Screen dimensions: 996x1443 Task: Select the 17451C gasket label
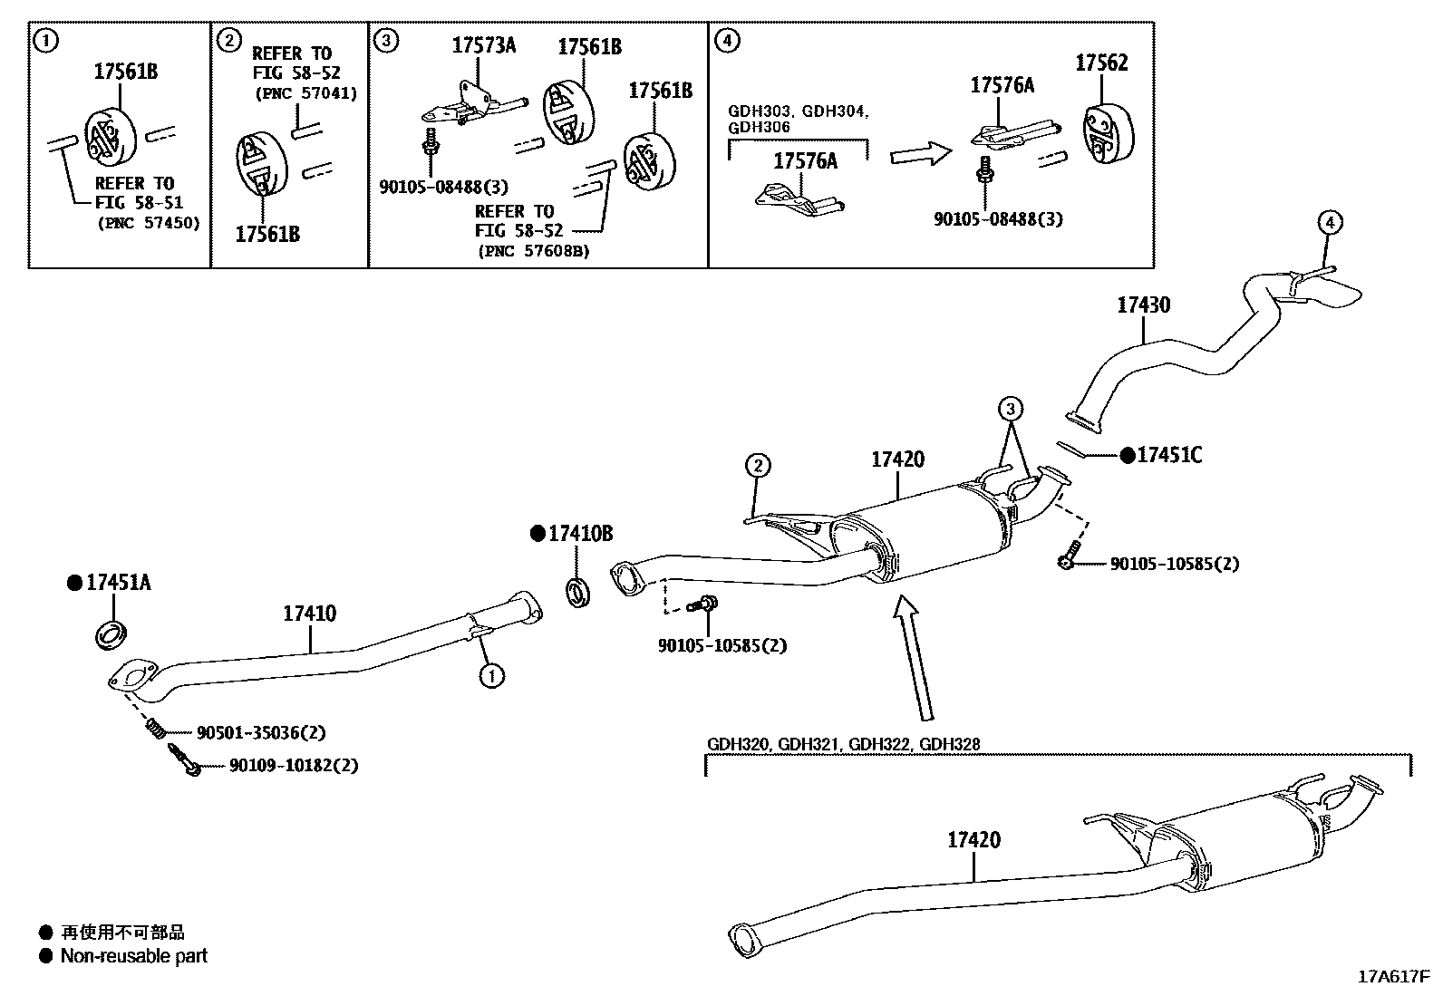[x=1168, y=456]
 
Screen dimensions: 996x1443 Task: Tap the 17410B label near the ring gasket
[x=580, y=534]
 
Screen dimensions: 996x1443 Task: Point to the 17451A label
[x=118, y=583]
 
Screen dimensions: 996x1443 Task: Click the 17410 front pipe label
[x=309, y=614]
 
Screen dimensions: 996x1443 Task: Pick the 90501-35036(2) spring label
[x=261, y=731]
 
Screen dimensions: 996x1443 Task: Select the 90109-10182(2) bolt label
[x=293, y=766]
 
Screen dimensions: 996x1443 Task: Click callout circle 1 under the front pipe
[x=491, y=675]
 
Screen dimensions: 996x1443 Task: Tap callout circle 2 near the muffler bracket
[x=758, y=467]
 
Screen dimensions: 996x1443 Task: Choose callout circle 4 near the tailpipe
[x=1329, y=222]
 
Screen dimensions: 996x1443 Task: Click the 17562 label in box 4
[x=1101, y=63]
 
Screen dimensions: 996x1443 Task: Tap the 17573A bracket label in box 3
[x=484, y=45]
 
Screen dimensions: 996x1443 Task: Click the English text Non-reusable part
[x=133, y=956]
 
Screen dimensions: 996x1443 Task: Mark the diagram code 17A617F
[x=1392, y=977]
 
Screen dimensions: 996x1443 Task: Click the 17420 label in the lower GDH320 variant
[x=973, y=840]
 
